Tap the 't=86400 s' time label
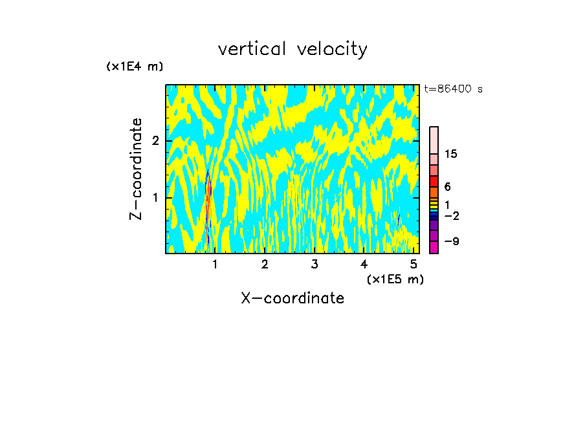(x=453, y=89)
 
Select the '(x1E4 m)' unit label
(x=135, y=67)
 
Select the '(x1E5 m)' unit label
(x=395, y=279)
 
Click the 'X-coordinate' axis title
(x=292, y=298)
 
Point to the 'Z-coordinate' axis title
(x=136, y=169)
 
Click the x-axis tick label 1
(x=215, y=265)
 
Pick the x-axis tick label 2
(x=265, y=265)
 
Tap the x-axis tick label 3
(x=314, y=265)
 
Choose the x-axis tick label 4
(x=364, y=265)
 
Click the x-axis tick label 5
(x=414, y=265)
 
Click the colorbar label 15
(x=451, y=154)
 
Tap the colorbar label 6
(x=447, y=186)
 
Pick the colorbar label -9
(x=451, y=242)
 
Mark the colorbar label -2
(x=451, y=216)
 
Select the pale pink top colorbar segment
(x=434, y=140)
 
